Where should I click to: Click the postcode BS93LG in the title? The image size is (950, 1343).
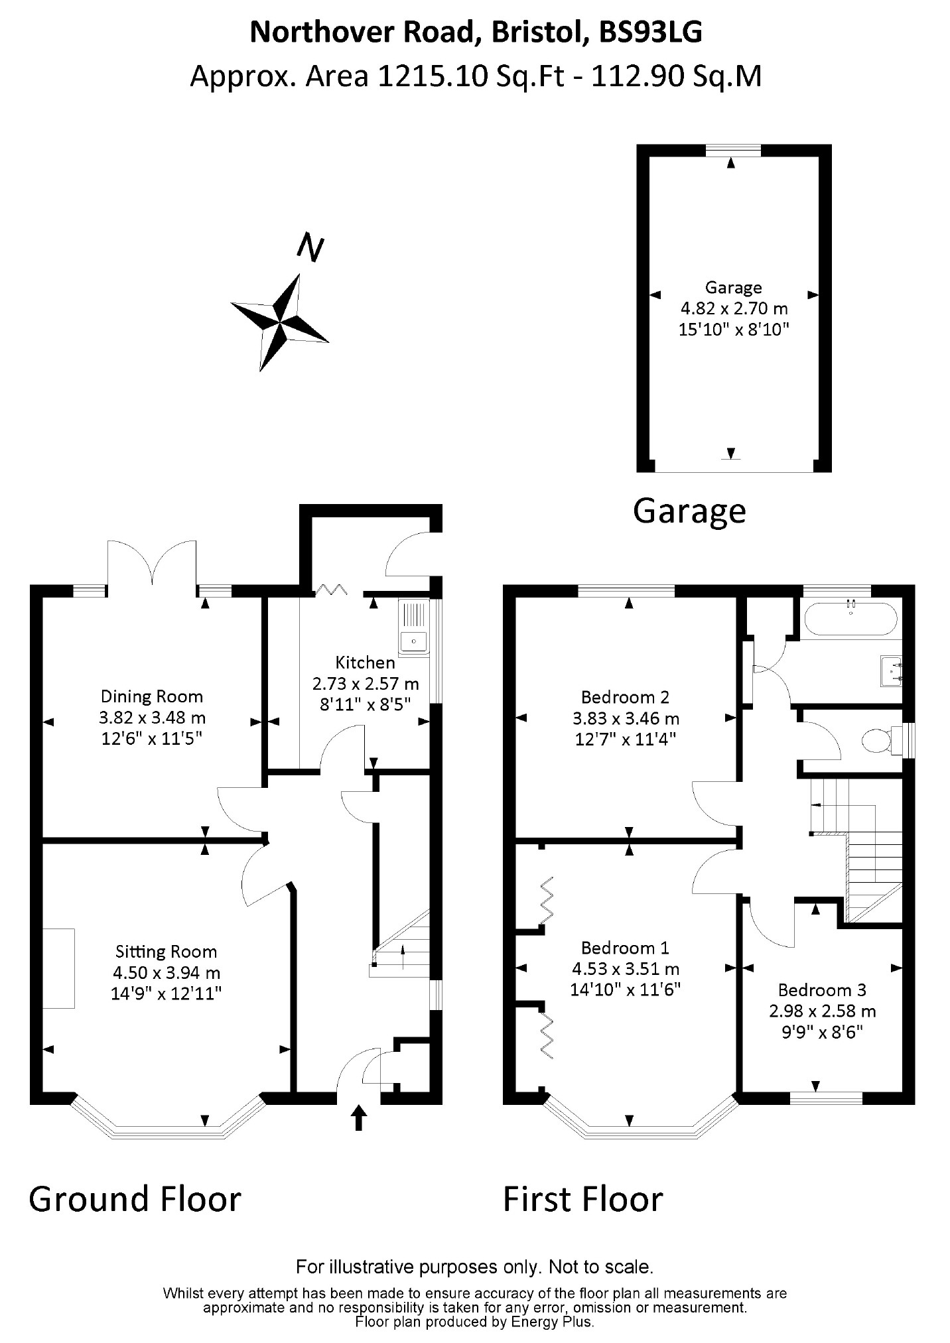pos(650,32)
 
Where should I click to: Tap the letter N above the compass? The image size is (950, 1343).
pos(310,247)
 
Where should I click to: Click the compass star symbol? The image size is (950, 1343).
pos(279,322)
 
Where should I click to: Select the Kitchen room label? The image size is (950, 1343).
pos(365,662)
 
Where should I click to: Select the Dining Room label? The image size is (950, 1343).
pos(152,696)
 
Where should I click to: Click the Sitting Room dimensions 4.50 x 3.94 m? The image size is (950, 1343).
pos(166,973)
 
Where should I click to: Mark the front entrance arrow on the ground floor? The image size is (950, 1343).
pos(358,1118)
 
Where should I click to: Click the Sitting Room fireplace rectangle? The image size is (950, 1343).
pos(59,969)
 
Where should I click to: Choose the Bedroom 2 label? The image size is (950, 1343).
pos(625,697)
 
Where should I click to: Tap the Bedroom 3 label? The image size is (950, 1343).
pos(822,990)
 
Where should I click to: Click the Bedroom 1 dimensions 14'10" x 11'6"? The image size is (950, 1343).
pos(626,990)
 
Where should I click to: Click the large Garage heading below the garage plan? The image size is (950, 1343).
pos(689,511)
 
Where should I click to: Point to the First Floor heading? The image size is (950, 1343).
pos(582,1200)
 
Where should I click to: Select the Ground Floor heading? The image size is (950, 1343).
pos(135,1200)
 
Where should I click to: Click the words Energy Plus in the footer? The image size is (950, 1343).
pos(552,1322)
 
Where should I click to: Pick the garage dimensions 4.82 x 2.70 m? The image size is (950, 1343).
pos(734,308)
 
